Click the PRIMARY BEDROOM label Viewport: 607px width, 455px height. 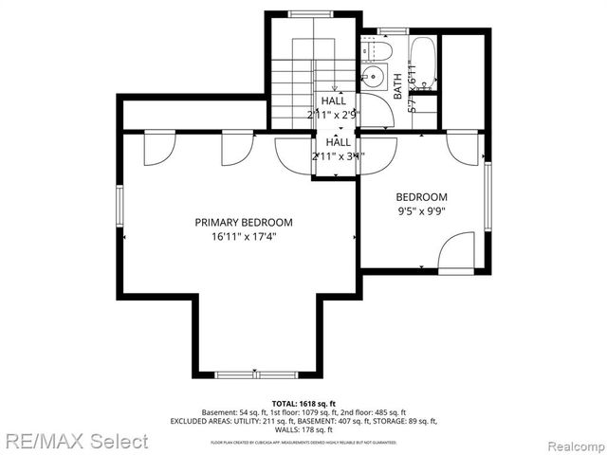(244, 222)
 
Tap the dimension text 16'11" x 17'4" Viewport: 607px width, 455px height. (244, 238)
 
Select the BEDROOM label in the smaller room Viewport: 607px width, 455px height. (421, 197)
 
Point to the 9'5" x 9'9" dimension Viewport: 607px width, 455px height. (421, 212)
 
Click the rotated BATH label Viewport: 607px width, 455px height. (397, 87)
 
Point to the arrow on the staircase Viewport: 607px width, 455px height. (333, 86)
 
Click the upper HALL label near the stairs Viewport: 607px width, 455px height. (334, 100)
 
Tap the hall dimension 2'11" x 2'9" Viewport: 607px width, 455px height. (334, 115)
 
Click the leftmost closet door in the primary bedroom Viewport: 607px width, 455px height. (159, 147)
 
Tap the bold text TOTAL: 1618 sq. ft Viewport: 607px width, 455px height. (303, 403)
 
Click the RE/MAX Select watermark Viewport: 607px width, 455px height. (75, 441)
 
